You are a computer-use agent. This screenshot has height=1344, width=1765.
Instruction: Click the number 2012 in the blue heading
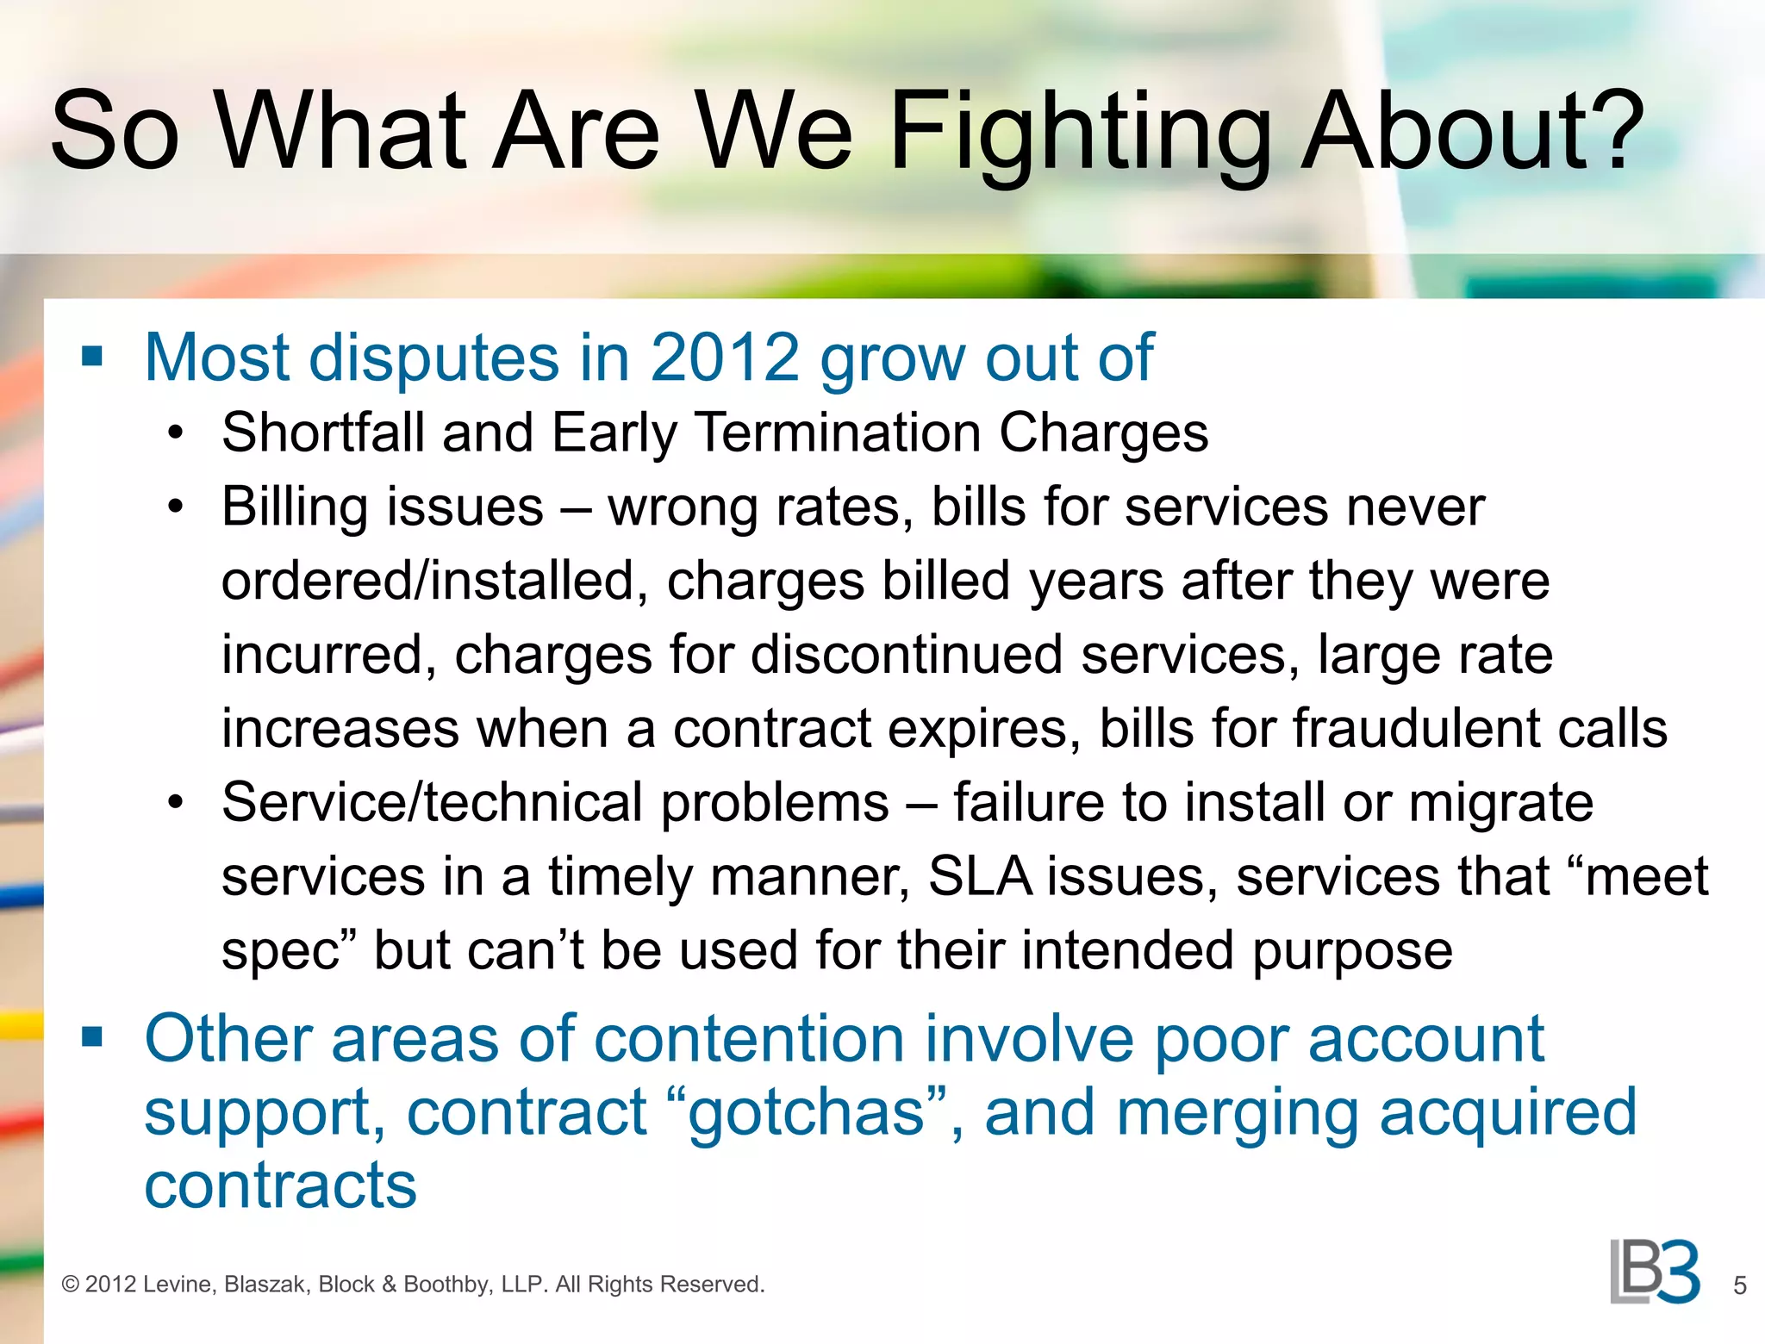(725, 358)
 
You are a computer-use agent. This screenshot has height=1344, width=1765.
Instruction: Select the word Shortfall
(323, 432)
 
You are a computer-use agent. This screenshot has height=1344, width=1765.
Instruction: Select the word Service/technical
(432, 803)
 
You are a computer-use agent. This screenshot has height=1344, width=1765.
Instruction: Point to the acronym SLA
(979, 877)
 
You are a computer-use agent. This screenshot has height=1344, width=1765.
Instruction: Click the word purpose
(1352, 952)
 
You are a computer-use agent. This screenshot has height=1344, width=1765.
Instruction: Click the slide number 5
(1739, 1286)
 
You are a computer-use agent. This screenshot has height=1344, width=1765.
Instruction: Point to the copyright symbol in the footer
(71, 1285)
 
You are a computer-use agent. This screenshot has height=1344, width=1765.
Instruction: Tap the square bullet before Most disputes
(92, 357)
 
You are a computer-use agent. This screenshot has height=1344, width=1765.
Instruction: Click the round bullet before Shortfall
(176, 433)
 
